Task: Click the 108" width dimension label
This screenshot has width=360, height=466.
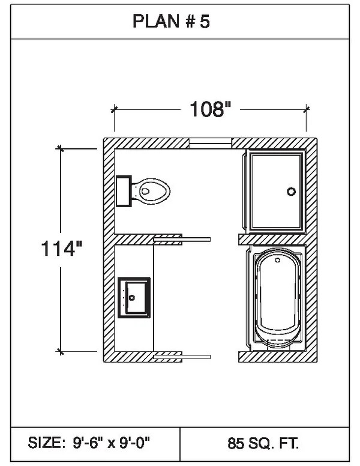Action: tap(211, 109)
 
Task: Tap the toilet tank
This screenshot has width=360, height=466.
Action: tap(124, 191)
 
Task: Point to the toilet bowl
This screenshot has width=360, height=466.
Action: tap(152, 191)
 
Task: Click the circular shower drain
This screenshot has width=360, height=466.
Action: tap(292, 192)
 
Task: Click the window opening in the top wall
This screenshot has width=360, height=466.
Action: tap(211, 142)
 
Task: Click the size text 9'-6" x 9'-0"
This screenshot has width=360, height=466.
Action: tap(115, 444)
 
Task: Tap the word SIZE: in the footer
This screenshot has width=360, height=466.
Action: tap(46, 444)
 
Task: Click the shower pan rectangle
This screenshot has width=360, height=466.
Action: tap(276, 191)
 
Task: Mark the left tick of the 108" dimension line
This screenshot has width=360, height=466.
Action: tap(114, 109)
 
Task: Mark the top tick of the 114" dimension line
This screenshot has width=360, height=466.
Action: tap(60, 148)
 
